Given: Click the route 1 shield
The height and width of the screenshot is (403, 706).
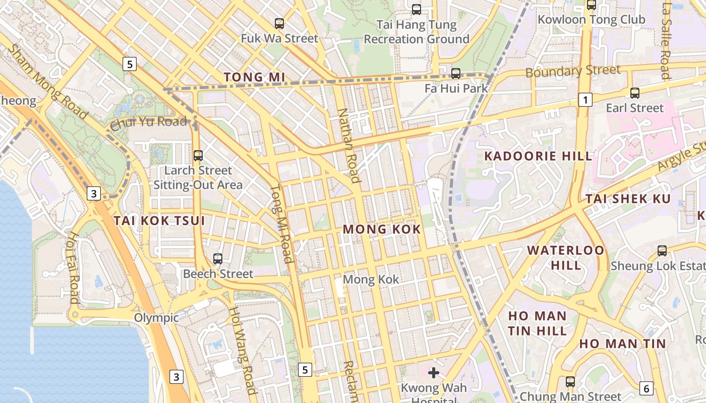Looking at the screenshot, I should (x=585, y=100).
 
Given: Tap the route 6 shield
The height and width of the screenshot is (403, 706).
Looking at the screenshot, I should (x=646, y=388).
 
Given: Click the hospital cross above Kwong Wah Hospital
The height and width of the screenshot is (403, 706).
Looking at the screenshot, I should (x=434, y=373).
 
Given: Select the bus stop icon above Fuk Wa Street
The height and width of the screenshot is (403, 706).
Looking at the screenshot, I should (x=279, y=23).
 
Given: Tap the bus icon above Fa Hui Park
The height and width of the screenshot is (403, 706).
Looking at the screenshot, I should (x=456, y=74).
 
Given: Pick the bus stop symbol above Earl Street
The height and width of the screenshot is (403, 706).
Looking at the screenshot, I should (x=635, y=93).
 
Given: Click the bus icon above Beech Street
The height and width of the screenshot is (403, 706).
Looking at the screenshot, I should (x=218, y=259).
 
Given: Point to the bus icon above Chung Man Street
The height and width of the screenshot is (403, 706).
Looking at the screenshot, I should (x=570, y=382).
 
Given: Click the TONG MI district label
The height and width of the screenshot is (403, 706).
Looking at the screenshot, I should (x=254, y=77).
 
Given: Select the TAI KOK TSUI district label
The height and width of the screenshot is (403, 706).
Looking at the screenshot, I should (x=159, y=221).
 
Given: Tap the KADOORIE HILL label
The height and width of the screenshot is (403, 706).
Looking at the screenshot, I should (x=538, y=156).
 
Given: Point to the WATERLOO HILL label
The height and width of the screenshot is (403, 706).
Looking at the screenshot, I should (x=565, y=257).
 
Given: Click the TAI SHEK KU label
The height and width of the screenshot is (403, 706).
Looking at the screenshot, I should (x=628, y=199).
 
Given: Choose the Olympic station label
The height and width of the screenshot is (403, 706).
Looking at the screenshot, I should (x=156, y=318).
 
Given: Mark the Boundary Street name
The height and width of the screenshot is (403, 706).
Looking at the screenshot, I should (x=573, y=71).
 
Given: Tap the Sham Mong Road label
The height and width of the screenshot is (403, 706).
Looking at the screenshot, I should (x=48, y=82).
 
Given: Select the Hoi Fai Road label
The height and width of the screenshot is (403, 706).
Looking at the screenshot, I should (x=74, y=267).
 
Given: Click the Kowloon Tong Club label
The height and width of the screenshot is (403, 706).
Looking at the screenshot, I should (x=592, y=20).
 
